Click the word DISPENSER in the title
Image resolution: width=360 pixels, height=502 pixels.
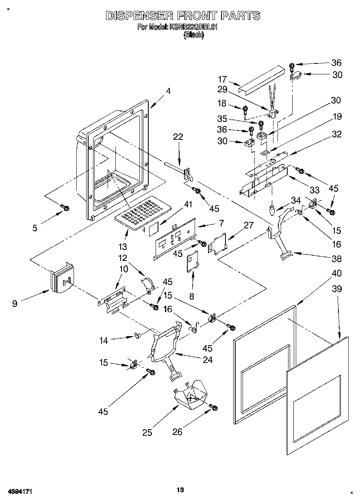[x=139, y=16]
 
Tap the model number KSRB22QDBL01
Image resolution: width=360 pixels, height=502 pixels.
[x=193, y=27]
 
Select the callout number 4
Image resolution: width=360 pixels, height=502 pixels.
[x=168, y=91]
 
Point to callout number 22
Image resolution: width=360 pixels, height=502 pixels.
[x=178, y=137]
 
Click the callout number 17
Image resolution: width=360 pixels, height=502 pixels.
[x=222, y=79]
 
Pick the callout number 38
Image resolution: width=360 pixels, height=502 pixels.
[x=336, y=259]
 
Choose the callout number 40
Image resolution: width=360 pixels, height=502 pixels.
[x=337, y=273]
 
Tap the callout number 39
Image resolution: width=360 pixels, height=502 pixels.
[x=337, y=289]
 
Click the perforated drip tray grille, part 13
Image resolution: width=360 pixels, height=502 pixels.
[x=143, y=213]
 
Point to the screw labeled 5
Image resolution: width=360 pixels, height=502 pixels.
[x=65, y=208]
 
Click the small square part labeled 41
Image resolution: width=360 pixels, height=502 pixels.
[x=154, y=230]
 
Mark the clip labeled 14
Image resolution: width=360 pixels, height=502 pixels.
[x=137, y=335]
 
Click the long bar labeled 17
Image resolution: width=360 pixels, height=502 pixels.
[x=262, y=79]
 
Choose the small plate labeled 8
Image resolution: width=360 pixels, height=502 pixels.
[x=193, y=261]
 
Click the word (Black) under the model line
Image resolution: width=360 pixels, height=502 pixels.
[x=194, y=35]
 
